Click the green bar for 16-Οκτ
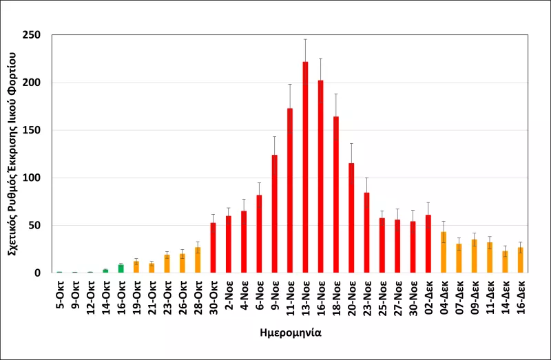point(121,268)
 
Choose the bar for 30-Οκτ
point(213,248)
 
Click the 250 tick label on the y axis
point(32,35)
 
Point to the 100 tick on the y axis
point(32,178)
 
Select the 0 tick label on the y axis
point(38,273)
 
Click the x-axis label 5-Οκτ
point(60,295)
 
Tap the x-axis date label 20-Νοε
point(351,297)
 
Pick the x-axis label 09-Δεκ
point(474,297)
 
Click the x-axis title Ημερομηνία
point(290,332)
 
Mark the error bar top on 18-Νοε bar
point(336,94)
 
